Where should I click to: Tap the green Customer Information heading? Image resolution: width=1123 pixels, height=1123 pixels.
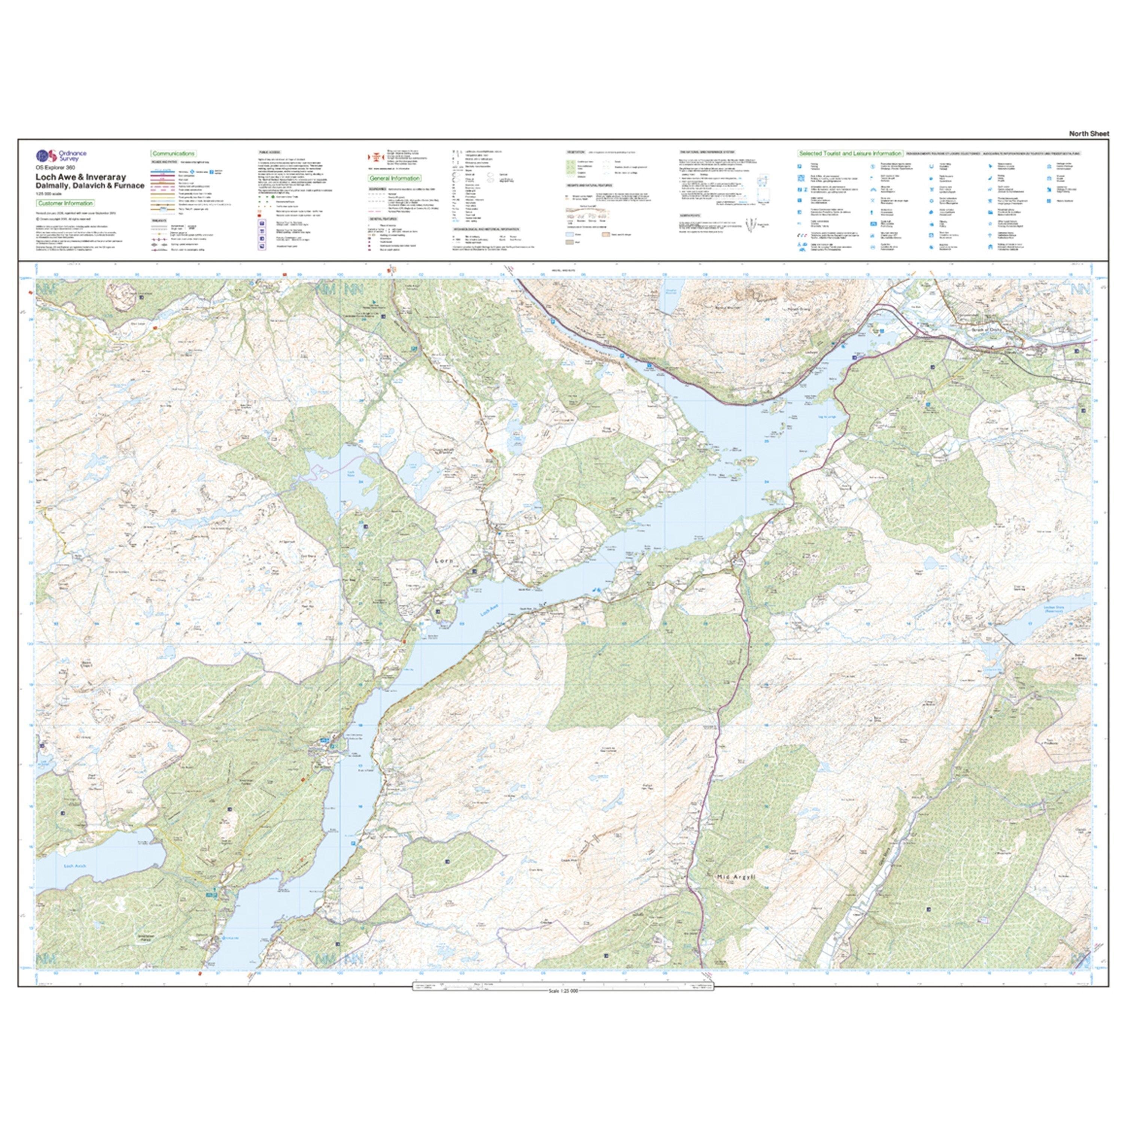click(65, 203)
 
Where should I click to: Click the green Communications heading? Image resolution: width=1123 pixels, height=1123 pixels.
click(173, 153)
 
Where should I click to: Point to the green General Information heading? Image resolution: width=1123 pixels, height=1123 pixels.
click(395, 179)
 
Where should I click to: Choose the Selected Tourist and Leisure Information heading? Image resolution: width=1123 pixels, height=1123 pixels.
click(850, 153)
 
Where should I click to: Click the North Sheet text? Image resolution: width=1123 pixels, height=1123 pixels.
click(1089, 134)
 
